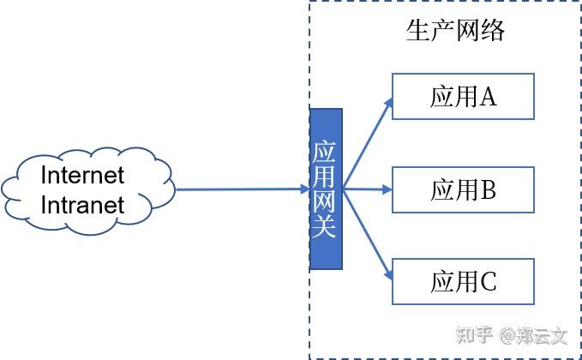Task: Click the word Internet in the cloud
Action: click(x=83, y=175)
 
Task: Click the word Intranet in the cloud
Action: click(x=83, y=205)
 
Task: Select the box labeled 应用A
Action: click(x=463, y=96)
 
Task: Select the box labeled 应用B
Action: click(x=463, y=189)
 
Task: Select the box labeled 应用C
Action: click(x=463, y=280)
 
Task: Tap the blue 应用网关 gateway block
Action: click(x=326, y=189)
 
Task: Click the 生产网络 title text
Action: click(x=454, y=32)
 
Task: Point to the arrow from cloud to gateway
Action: click(x=240, y=189)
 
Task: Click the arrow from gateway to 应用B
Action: click(x=367, y=189)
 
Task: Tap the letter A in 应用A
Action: click(x=488, y=96)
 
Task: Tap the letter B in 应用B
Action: click(x=488, y=189)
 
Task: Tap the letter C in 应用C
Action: click(x=488, y=280)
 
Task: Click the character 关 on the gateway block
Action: click(x=326, y=227)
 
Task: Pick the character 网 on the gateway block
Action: click(x=326, y=202)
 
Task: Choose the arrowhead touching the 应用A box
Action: click(x=388, y=104)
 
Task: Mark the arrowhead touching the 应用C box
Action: click(x=388, y=274)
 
